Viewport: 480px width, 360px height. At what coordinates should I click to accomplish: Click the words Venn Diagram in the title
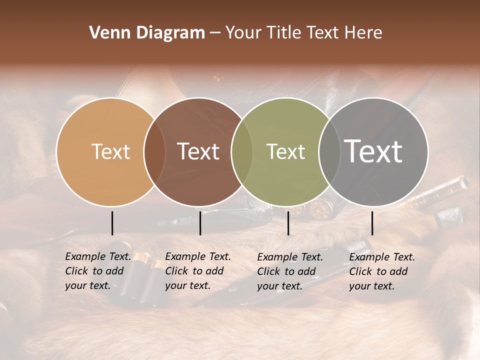[x=147, y=33]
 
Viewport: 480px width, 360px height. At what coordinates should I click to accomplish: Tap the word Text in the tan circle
[x=110, y=151]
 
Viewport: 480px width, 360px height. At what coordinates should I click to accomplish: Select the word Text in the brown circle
[x=198, y=151]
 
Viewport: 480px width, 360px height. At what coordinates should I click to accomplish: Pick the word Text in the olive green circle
[x=285, y=151]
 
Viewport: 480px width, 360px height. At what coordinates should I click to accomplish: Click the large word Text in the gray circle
[x=373, y=151]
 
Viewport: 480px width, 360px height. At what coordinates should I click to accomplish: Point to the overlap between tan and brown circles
[x=154, y=151]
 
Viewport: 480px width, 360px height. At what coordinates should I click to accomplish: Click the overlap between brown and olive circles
[x=242, y=151]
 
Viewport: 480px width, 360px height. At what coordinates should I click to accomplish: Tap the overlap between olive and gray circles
[x=328, y=151]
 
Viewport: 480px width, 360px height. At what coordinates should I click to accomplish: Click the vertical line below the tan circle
[x=112, y=223]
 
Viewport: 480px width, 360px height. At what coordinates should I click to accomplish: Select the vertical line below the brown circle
[x=200, y=223]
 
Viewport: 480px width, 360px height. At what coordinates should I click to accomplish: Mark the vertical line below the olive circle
[x=288, y=223]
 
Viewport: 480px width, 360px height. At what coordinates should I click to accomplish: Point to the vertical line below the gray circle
[x=372, y=223]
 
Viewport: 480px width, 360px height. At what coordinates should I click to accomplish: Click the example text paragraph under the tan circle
[x=98, y=271]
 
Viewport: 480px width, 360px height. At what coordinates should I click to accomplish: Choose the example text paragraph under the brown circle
[x=198, y=271]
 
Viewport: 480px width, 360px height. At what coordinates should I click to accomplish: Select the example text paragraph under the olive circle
[x=290, y=271]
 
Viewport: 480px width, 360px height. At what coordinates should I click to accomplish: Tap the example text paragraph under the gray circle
[x=382, y=271]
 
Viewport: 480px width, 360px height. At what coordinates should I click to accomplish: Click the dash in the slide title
[x=215, y=33]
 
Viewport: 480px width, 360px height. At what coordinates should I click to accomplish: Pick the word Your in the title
[x=244, y=33]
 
